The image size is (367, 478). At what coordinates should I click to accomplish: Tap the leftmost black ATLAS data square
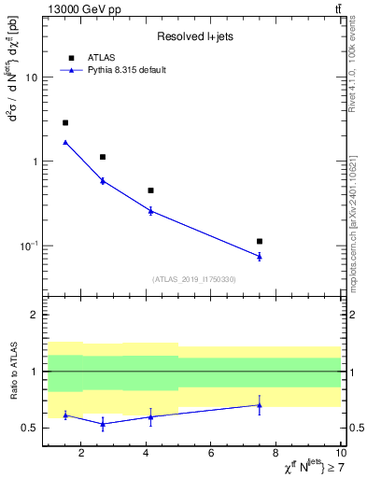coord(65,122)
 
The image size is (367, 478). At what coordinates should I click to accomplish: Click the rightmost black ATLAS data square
coord(260,241)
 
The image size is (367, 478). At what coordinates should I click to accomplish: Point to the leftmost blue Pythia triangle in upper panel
coord(65,142)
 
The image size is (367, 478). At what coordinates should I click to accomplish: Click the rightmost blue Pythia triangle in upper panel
coord(260,256)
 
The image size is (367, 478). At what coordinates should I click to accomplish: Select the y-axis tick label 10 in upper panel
coord(32,77)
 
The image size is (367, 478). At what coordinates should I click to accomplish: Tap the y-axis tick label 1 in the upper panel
coord(35,162)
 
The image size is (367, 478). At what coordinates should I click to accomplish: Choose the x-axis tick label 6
coord(211,454)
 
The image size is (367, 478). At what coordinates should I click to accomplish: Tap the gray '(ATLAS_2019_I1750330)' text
coord(193,279)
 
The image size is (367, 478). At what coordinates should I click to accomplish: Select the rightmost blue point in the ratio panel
coord(260,404)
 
